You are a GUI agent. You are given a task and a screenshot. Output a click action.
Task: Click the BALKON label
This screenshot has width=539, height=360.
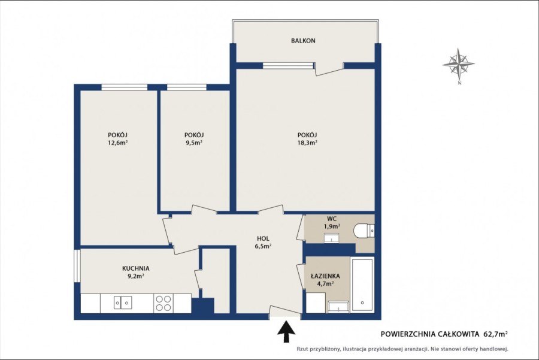click(303, 41)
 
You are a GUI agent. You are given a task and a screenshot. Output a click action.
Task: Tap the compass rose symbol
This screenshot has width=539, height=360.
click(459, 64)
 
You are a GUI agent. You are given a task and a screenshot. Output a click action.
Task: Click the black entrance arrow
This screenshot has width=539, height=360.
click(286, 331)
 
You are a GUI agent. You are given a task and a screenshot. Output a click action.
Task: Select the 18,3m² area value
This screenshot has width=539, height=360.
click(307, 143)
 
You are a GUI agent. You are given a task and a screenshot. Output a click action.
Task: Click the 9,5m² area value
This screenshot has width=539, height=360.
click(194, 143)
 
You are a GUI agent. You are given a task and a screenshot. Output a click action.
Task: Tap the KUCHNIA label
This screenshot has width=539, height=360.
click(136, 268)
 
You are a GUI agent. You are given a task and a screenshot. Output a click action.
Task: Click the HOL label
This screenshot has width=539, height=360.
click(263, 238)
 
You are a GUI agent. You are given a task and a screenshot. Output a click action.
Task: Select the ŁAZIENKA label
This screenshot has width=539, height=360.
click(325, 276)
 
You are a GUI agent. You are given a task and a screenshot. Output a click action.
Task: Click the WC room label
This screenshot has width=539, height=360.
click(332, 219)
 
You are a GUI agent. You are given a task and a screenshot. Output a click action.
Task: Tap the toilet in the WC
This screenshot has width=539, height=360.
click(364, 230)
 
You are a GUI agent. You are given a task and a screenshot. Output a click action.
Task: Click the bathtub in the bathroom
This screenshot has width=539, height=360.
click(362, 285)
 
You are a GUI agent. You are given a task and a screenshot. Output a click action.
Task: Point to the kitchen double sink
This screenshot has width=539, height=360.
click(123, 302)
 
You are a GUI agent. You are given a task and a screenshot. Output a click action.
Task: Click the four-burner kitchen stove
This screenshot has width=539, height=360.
click(163, 303)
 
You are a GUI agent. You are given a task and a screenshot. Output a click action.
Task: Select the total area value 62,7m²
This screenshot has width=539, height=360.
click(496, 333)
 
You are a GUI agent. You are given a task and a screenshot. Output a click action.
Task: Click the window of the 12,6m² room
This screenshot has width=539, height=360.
click(125, 87)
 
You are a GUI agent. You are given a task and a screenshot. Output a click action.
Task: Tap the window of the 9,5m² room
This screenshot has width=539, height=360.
click(187, 87)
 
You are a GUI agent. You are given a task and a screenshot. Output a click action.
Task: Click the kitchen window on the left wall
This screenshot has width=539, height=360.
click(77, 266)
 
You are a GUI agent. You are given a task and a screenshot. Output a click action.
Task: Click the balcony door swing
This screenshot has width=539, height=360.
click(329, 69)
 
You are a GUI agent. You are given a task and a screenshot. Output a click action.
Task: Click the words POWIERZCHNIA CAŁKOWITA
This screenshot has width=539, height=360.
click(430, 333)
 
